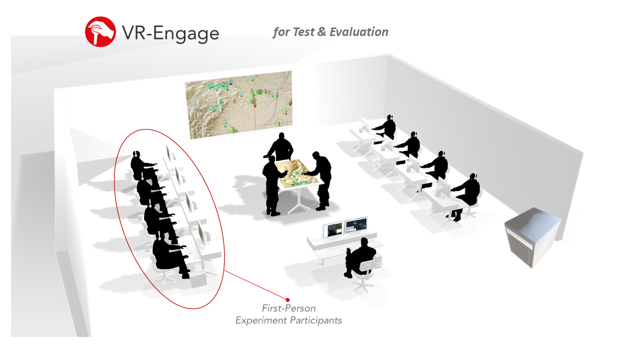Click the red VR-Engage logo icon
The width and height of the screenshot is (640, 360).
[x=100, y=31]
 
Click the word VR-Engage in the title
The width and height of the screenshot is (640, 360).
[x=170, y=33]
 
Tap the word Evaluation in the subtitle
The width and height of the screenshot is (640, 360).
[x=359, y=31]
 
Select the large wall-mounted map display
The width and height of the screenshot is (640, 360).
[x=239, y=104]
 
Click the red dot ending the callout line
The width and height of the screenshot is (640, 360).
[x=287, y=299]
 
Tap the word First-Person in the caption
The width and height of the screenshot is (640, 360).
[x=289, y=308]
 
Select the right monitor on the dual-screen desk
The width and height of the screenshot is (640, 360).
[x=356, y=225]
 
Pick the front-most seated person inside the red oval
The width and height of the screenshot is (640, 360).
[x=169, y=254]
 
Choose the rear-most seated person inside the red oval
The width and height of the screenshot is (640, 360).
[x=143, y=165]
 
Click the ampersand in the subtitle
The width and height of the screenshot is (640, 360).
[x=321, y=31]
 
